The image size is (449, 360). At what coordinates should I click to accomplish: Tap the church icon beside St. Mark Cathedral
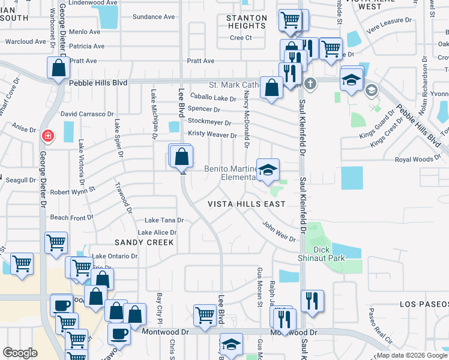pyautogui.click(x=310, y=83)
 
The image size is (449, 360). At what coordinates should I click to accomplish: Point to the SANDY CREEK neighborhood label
pyautogui.click(x=144, y=242)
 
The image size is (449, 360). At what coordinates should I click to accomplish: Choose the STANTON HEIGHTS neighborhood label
pyautogui.click(x=247, y=22)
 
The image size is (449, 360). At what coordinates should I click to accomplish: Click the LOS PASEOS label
pyautogui.click(x=423, y=304)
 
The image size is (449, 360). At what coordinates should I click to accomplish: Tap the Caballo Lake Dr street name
pyautogui.click(x=213, y=98)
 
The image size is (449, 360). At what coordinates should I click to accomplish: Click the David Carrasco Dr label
pyautogui.click(x=87, y=113)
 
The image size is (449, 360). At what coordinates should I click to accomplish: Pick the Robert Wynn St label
pyautogui.click(x=73, y=192)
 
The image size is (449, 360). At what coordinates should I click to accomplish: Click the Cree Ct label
pyautogui.click(x=240, y=38)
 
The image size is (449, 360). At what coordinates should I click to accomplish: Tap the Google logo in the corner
pyautogui.click(x=20, y=353)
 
